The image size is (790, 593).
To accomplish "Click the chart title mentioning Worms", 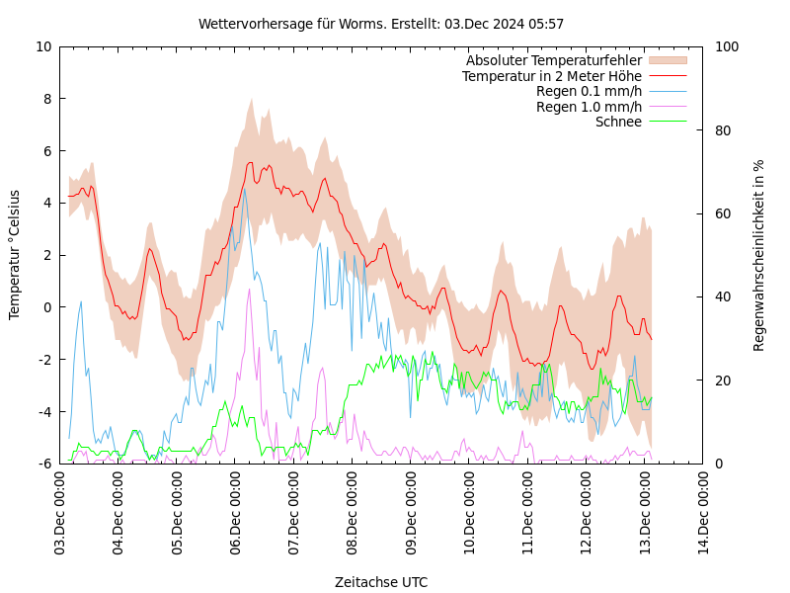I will point(381,24).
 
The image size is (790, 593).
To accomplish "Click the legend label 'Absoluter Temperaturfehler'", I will point(554,61).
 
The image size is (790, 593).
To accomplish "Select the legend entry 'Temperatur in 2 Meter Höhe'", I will point(552,76).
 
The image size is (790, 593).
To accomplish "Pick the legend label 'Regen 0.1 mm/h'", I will point(589,92).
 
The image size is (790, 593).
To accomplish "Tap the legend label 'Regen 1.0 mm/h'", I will point(589,107).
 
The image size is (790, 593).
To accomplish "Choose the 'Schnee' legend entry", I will point(618,122).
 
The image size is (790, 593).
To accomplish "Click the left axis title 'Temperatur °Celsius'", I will point(15,255).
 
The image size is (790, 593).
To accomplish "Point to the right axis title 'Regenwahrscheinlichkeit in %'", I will point(759,255).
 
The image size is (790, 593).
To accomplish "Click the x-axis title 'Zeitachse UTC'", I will point(381,582).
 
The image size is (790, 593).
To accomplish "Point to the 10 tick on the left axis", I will point(43,46).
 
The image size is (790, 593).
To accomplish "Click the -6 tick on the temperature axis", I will point(45,464).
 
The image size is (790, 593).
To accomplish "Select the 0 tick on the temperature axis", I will point(47,307).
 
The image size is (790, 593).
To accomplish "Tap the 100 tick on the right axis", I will point(727,46).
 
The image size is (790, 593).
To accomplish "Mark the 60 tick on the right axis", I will point(723,213).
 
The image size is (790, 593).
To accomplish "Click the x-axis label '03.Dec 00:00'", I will point(60,514).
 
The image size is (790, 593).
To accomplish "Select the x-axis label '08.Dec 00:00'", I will point(353,514).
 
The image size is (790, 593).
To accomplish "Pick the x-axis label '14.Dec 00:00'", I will point(703,514).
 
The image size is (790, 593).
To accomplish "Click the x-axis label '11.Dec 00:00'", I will point(528,514).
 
